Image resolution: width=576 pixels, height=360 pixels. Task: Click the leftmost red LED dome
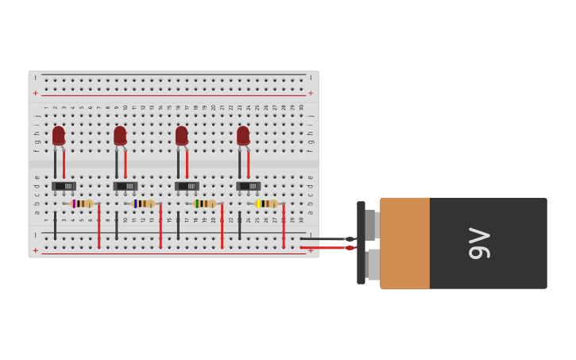click(x=59, y=136)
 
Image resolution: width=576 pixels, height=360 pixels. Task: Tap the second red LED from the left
click(x=120, y=136)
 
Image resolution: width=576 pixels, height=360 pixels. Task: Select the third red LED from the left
click(x=182, y=136)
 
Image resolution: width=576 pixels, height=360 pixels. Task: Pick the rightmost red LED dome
click(x=243, y=136)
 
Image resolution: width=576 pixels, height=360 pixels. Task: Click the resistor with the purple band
click(x=81, y=203)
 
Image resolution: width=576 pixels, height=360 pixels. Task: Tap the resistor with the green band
click(x=204, y=203)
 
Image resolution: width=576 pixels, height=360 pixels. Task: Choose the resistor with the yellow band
click(x=266, y=203)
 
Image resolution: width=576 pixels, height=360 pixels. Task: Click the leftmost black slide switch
click(x=64, y=186)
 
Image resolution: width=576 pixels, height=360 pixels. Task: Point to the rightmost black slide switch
click(x=248, y=186)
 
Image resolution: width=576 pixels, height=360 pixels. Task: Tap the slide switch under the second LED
click(x=126, y=186)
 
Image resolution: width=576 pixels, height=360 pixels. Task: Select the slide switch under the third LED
click(x=187, y=186)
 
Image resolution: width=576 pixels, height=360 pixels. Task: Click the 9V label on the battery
click(x=479, y=243)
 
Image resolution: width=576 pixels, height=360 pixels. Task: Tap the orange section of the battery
click(x=405, y=243)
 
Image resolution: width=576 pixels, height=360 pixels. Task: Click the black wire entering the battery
click(x=326, y=238)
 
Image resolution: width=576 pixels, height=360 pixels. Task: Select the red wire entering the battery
click(x=326, y=248)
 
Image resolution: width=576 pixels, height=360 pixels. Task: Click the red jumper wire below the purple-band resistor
click(x=99, y=226)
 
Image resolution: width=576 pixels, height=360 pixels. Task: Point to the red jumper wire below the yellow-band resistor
click(x=283, y=226)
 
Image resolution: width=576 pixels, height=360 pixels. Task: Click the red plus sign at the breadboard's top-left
click(x=35, y=93)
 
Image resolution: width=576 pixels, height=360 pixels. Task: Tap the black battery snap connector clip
click(x=361, y=242)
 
